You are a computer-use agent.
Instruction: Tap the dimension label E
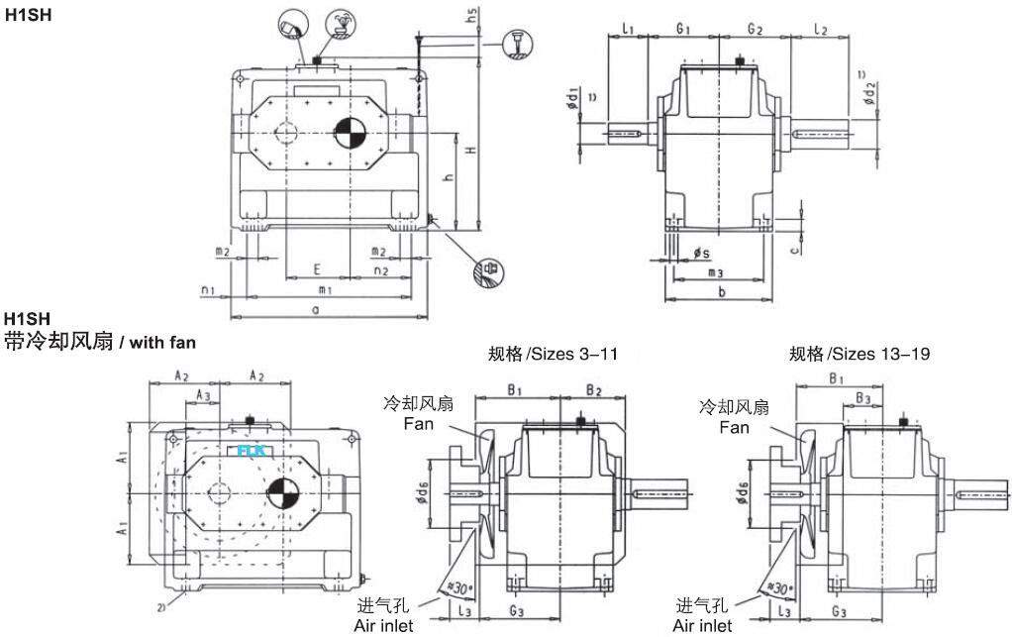point(316,268)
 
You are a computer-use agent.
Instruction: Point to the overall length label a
point(316,310)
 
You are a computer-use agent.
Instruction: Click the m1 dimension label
point(324,289)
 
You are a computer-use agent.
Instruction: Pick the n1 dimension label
point(207,289)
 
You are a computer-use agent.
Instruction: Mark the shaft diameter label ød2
point(869,95)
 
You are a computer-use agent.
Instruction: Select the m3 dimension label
point(716,271)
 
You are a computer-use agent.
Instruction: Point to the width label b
point(721,293)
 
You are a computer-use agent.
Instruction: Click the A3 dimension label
point(203,394)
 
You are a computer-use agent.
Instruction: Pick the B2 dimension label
point(593,389)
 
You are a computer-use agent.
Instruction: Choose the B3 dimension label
point(863,398)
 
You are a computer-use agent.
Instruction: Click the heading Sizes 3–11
point(554,354)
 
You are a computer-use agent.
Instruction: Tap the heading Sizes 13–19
point(859,354)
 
